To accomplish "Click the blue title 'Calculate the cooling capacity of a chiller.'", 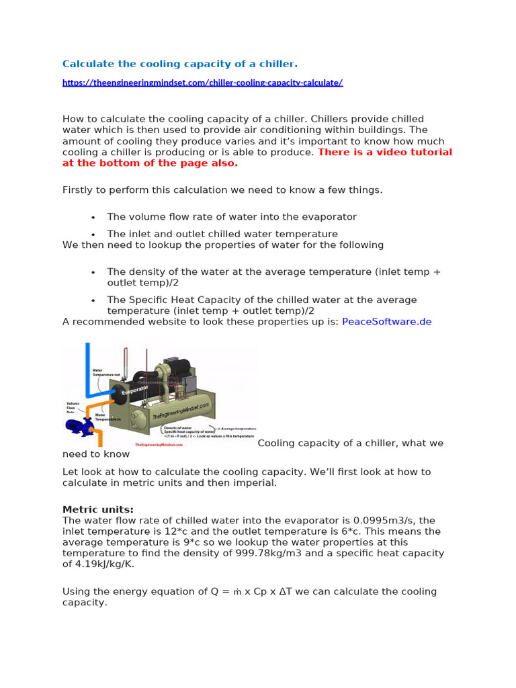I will [x=179, y=64].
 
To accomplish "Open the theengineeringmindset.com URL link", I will [x=202, y=83].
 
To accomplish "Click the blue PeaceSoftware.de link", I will [x=386, y=322].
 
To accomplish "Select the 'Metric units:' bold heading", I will [x=98, y=509].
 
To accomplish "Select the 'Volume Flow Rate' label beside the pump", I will [x=73, y=407].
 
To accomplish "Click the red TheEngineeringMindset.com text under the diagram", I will [x=159, y=445].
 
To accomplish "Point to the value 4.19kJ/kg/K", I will [x=106, y=564].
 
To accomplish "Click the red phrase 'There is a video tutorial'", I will [x=384, y=153].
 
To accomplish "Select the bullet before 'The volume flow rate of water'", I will [x=93, y=218].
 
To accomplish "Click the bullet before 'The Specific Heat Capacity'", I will [x=93, y=300].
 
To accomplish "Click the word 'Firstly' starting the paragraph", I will [x=79, y=190].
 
